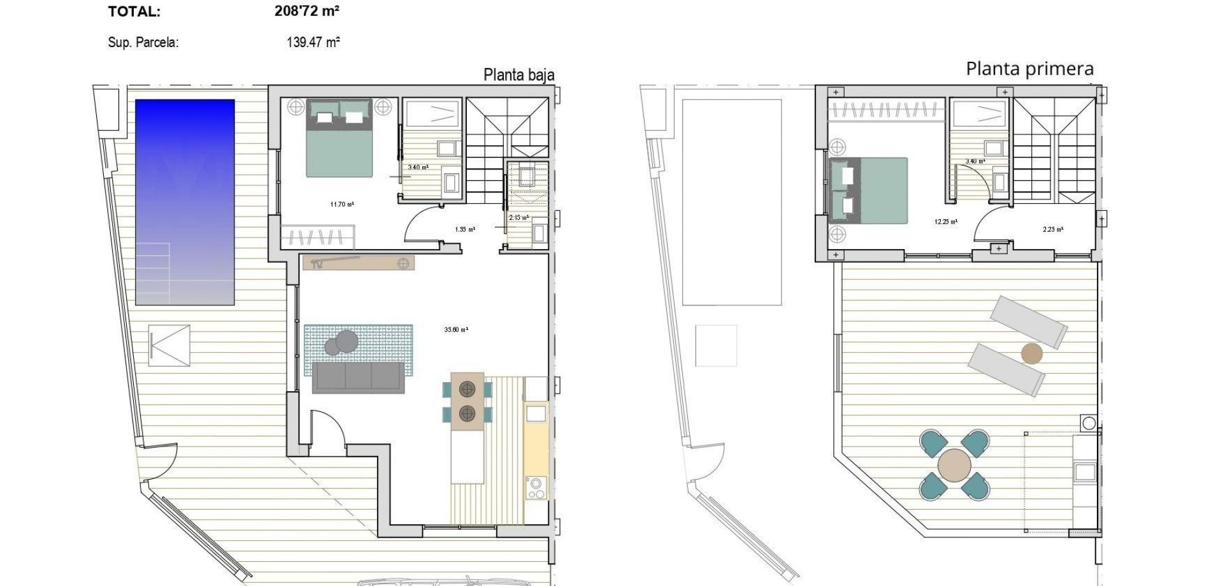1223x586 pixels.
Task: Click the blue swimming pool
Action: (x=185, y=202)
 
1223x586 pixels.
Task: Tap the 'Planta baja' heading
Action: (x=519, y=75)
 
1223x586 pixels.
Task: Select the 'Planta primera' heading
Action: (x=1029, y=69)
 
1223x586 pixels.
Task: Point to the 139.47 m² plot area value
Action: (x=313, y=43)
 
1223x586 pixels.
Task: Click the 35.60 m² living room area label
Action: (x=456, y=330)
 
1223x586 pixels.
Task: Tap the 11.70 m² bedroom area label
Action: (x=342, y=204)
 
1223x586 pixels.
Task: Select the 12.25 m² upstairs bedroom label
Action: (x=946, y=222)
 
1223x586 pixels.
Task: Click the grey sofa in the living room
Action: (x=358, y=378)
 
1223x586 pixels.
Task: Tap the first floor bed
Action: (x=869, y=190)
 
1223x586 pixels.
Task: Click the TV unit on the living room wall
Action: (x=359, y=263)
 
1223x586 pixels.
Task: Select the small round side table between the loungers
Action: (x=1031, y=354)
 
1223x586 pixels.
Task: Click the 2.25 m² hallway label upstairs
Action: (x=1053, y=230)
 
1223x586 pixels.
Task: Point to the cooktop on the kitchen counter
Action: (x=536, y=488)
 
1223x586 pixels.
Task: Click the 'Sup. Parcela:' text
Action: (x=143, y=43)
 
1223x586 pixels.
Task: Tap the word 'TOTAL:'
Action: (x=134, y=11)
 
